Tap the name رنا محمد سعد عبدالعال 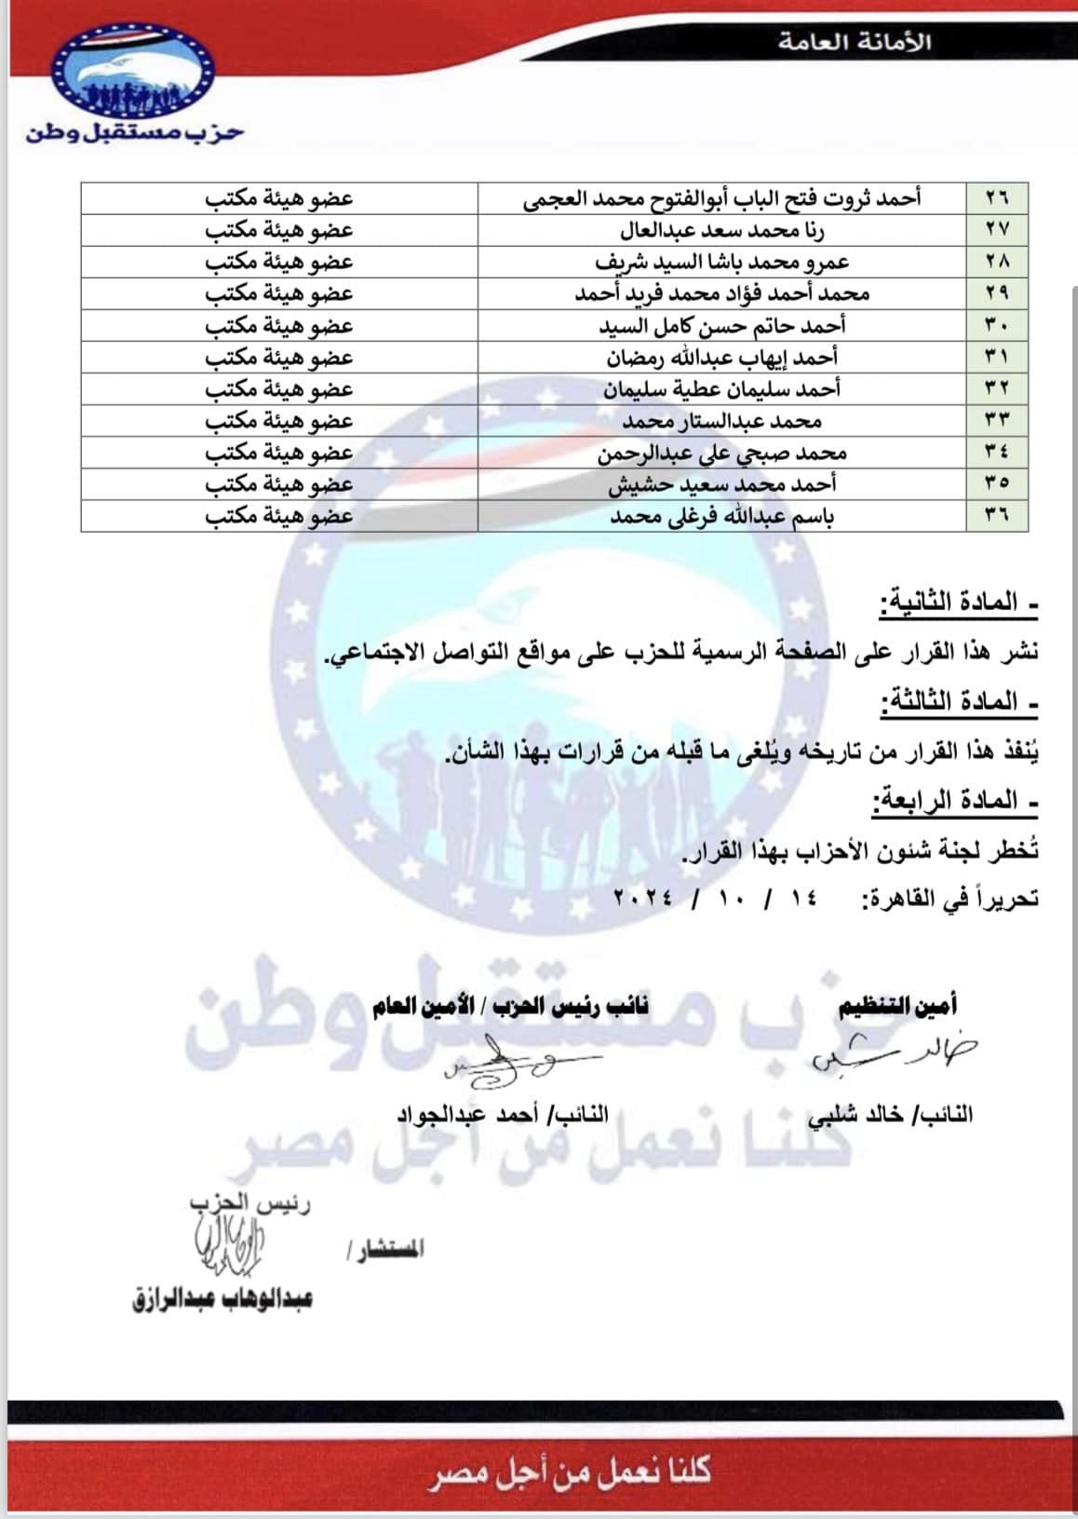721,230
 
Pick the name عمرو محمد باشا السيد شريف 721,262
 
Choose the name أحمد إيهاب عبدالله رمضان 721,358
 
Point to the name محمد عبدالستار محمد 721,421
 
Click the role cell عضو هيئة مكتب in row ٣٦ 279,516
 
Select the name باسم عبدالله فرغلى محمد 721,516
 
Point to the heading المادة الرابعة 955,800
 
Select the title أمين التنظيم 898,1006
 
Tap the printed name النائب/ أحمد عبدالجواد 503,1114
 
